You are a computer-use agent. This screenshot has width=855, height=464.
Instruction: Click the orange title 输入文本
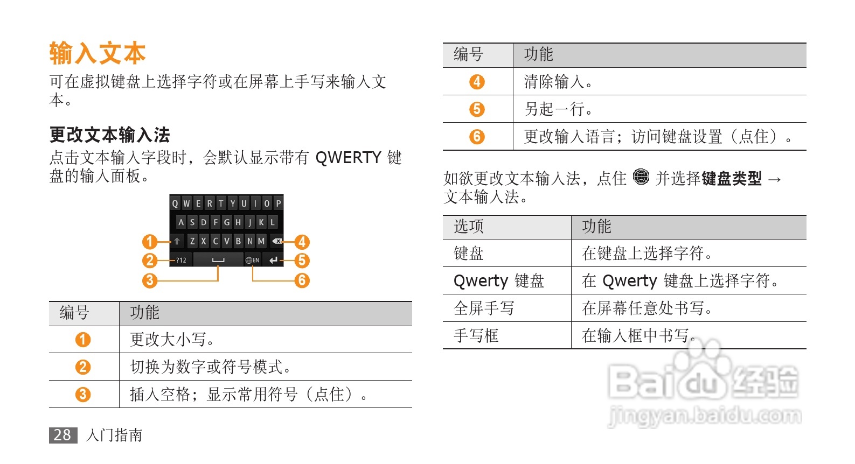(98, 54)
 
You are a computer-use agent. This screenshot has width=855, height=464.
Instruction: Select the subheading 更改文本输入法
(109, 135)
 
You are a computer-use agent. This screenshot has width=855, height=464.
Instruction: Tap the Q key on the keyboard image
(175, 203)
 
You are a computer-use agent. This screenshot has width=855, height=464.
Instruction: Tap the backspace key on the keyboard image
(277, 241)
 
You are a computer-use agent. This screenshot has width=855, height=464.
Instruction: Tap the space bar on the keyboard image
(218, 260)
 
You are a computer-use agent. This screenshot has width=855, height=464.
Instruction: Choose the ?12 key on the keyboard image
(181, 260)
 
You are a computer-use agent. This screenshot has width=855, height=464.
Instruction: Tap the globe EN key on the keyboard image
(252, 260)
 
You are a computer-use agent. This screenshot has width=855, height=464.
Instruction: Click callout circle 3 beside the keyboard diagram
(149, 280)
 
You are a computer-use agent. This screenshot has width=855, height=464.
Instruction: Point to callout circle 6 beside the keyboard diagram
(302, 280)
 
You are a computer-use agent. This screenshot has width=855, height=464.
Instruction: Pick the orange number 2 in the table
(82, 367)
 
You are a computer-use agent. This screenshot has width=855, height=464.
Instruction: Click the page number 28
(62, 435)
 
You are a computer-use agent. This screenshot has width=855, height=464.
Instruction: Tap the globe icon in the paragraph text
(641, 177)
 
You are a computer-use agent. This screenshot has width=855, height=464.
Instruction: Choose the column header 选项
(469, 227)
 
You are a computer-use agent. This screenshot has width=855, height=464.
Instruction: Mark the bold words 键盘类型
(731, 178)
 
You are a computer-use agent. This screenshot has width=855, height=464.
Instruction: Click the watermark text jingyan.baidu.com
(705, 416)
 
